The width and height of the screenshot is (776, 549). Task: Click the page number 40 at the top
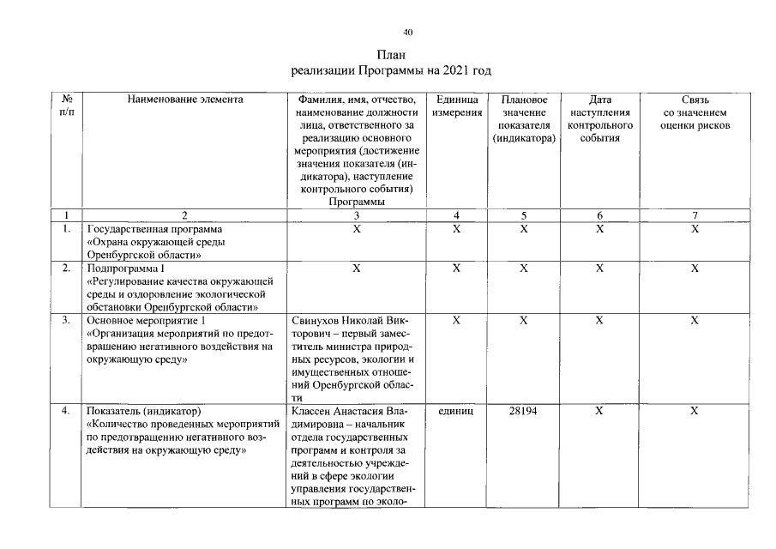point(408,33)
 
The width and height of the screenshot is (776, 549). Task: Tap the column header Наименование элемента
point(185,100)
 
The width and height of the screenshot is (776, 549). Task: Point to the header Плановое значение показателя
point(524,118)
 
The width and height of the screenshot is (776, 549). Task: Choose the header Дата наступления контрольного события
point(599,118)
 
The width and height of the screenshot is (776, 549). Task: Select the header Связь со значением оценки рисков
point(695,112)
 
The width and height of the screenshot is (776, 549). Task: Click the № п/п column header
point(66,106)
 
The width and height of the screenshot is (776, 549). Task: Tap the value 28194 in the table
point(523,412)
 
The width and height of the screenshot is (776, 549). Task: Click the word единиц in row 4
point(456,412)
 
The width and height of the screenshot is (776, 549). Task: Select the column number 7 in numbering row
point(695,215)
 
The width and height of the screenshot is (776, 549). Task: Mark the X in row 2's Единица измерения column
point(456,268)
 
